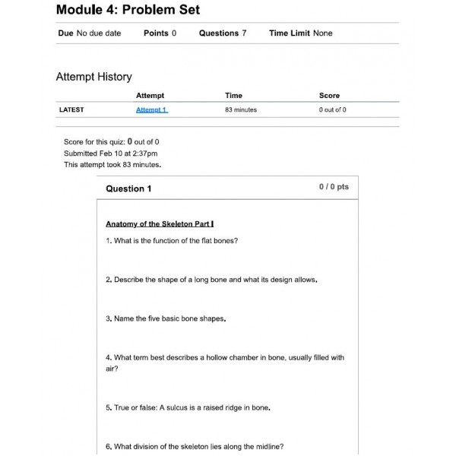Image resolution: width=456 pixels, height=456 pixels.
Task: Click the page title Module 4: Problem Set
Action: (128, 10)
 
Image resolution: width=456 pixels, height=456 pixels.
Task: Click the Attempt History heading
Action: (93, 77)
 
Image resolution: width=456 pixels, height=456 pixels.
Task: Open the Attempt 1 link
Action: (151, 110)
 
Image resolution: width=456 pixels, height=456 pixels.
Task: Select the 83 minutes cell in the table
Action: (240, 110)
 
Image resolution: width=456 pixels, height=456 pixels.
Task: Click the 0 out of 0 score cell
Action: (332, 110)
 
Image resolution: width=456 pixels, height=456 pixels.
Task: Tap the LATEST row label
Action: (71, 110)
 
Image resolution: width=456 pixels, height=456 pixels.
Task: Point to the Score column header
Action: (329, 96)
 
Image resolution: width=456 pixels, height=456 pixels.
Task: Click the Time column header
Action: (233, 96)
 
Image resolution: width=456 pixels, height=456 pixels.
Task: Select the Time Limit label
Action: (289, 33)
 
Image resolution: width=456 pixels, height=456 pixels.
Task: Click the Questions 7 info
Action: (222, 33)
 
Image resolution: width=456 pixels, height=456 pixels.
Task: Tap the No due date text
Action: (99, 33)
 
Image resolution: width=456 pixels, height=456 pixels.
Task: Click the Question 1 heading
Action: (128, 188)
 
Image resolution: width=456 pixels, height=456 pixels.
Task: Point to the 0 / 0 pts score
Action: (334, 187)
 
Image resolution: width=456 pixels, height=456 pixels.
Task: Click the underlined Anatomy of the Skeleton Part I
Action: (160, 224)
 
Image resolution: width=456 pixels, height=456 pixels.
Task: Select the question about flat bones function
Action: (172, 241)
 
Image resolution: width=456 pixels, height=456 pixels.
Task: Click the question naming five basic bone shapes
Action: (166, 319)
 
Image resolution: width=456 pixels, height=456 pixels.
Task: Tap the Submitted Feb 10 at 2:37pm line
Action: (111, 154)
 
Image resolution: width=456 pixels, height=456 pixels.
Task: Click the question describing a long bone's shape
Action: (211, 280)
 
